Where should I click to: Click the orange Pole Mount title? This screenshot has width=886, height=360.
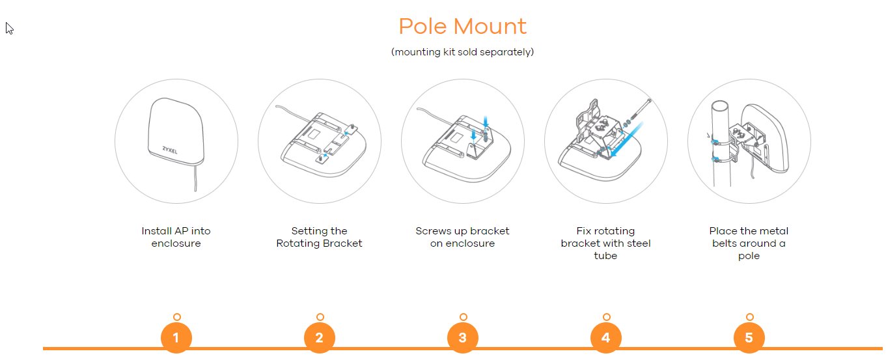pyautogui.click(x=462, y=27)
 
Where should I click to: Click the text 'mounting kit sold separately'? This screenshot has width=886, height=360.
pyautogui.click(x=462, y=52)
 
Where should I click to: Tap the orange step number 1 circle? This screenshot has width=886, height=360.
pyautogui.click(x=176, y=337)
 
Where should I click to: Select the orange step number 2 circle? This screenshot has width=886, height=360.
pyautogui.click(x=320, y=337)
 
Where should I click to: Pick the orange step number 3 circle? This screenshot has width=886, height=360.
pyautogui.click(x=463, y=337)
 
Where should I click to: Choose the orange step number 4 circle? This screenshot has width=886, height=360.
pyautogui.click(x=606, y=337)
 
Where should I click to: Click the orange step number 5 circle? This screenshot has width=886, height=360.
pyautogui.click(x=749, y=337)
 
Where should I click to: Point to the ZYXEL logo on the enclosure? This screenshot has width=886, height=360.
pyautogui.click(x=170, y=150)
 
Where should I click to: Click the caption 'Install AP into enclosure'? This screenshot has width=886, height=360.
pyautogui.click(x=176, y=237)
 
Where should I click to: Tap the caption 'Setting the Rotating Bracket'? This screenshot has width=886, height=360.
pyautogui.click(x=319, y=237)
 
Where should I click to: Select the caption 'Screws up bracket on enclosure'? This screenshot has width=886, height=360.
pyautogui.click(x=462, y=237)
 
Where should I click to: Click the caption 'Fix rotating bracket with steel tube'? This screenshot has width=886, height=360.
pyautogui.click(x=605, y=243)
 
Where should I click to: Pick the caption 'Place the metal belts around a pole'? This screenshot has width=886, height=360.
pyautogui.click(x=749, y=243)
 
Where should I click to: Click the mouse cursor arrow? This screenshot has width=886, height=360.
pyautogui.click(x=8, y=28)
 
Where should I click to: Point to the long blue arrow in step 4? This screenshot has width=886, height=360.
pyautogui.click(x=626, y=139)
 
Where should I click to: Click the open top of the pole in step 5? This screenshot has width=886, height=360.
pyautogui.click(x=720, y=106)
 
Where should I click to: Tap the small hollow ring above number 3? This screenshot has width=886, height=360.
pyautogui.click(x=464, y=317)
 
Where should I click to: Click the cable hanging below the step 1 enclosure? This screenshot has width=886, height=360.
pyautogui.click(x=195, y=178)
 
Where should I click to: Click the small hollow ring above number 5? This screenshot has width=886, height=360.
pyautogui.click(x=750, y=317)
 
